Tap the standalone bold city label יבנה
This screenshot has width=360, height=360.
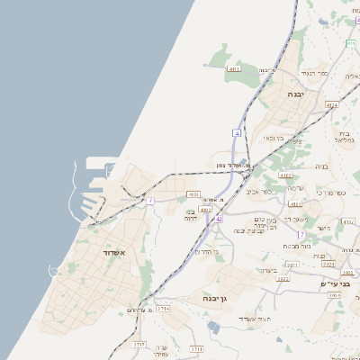tap(295, 94)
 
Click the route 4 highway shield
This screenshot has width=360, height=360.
tap(237, 132)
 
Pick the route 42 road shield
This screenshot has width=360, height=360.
tap(219, 218)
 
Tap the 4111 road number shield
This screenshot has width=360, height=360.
tap(234, 68)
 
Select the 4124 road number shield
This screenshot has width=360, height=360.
tap(331, 105)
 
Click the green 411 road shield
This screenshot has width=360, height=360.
tap(350, 44)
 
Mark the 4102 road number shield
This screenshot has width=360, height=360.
tap(285, 175)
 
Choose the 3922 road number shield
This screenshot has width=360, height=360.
tap(283, 279)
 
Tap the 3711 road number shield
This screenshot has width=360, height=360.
tap(196, 348)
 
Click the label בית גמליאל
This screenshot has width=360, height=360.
tap(345, 136)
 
